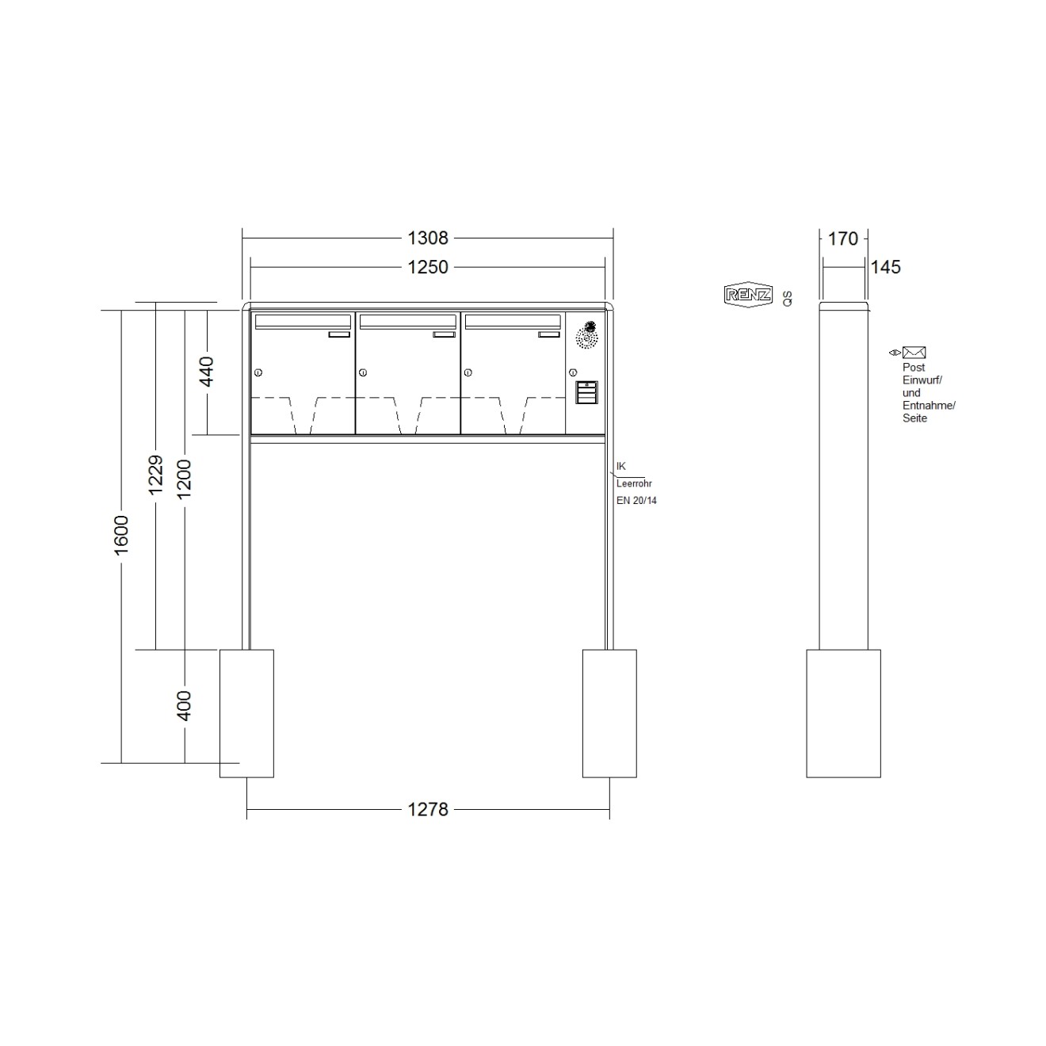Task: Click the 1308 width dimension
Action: [x=427, y=238]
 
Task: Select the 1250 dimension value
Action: [x=427, y=267]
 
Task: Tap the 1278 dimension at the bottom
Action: [x=427, y=809]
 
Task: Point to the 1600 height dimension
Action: [x=121, y=535]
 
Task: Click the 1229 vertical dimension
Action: [x=156, y=474]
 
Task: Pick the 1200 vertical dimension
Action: [x=184, y=478]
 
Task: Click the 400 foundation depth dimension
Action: [x=184, y=705]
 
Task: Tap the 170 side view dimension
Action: [x=842, y=239]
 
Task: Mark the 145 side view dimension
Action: [x=885, y=267]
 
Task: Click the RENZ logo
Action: [x=748, y=295]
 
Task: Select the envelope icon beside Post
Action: [x=914, y=353]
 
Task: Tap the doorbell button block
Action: [x=586, y=392]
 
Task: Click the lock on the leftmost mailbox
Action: [x=258, y=372]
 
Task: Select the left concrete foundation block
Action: [x=246, y=713]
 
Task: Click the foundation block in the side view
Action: [x=843, y=713]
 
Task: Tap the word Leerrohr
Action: [x=634, y=483]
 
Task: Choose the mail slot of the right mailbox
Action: [x=512, y=321]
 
